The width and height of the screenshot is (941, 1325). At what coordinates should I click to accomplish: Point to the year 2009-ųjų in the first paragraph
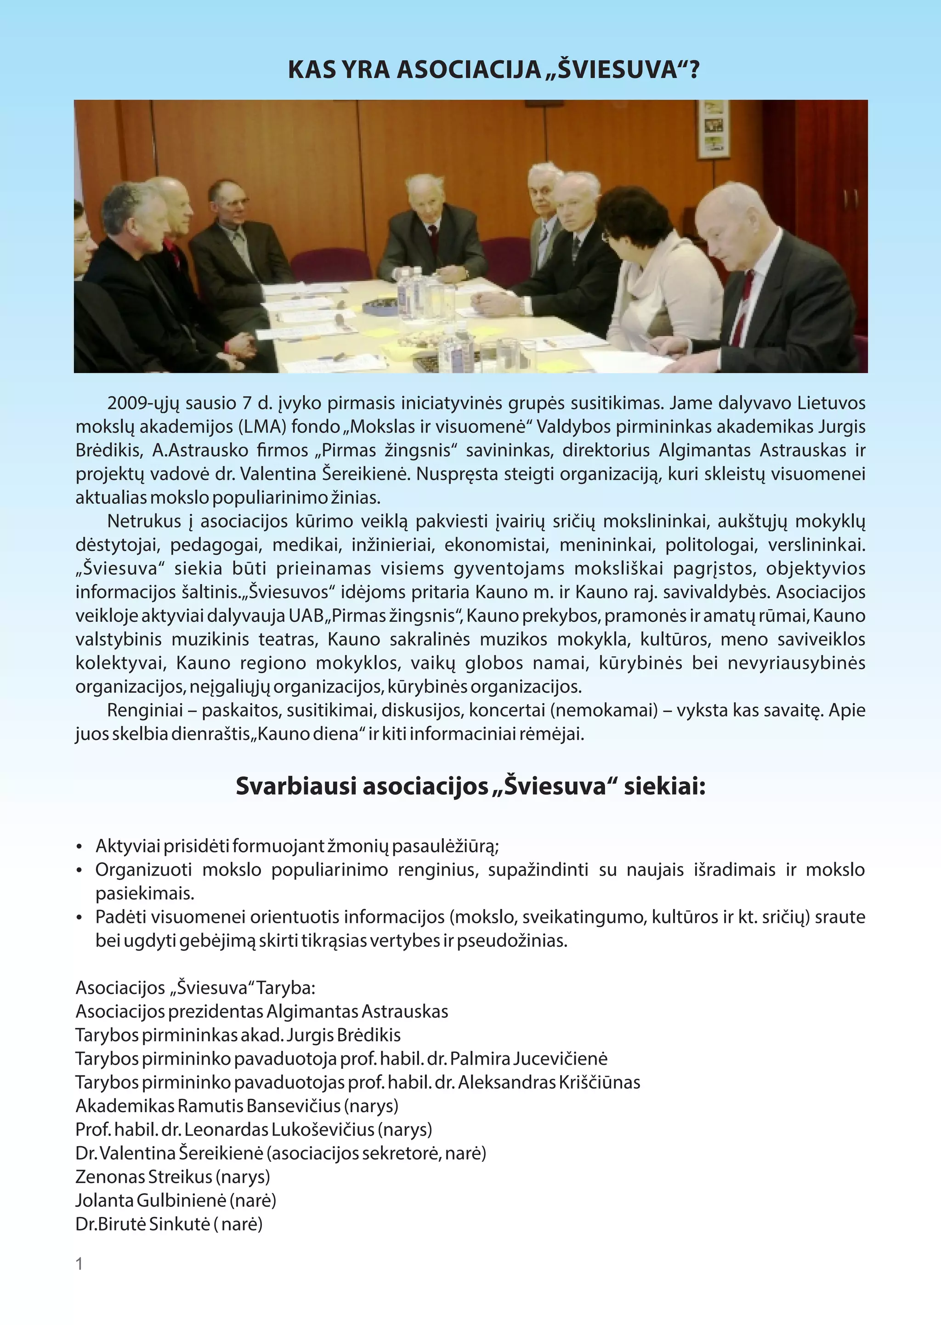tap(142, 403)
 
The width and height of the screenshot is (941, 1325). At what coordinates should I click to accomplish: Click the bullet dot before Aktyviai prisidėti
tap(79, 847)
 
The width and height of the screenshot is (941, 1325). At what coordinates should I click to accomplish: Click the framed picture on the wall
tap(713, 129)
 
